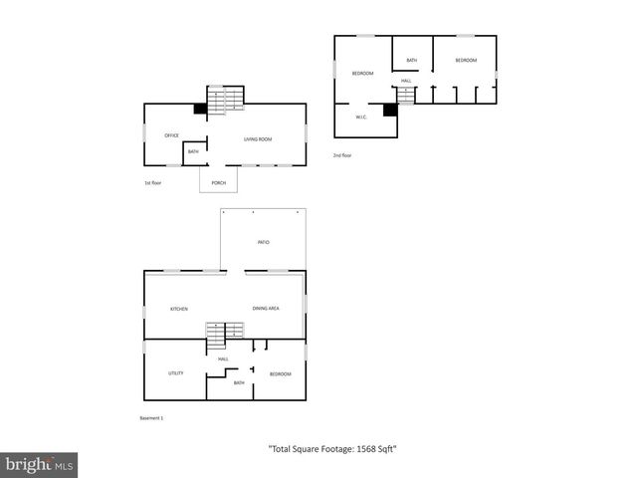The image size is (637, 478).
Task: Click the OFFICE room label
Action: tap(171, 134)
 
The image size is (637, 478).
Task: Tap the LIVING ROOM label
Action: tap(258, 139)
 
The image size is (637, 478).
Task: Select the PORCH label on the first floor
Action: tap(219, 183)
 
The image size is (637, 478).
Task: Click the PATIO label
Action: tap(264, 242)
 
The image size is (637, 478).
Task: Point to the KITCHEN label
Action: tap(179, 309)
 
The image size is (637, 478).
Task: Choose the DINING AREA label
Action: tap(266, 309)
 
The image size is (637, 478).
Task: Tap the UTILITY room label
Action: tap(175, 373)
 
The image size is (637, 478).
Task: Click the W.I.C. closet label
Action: tap(362, 118)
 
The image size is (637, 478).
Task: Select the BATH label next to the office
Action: tap(193, 151)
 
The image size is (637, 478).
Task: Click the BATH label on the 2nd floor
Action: tap(411, 61)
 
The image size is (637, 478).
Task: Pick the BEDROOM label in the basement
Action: tap(281, 373)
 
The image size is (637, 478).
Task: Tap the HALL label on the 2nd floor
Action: tap(406, 81)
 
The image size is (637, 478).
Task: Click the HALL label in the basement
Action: tap(224, 358)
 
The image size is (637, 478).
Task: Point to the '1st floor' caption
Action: tap(153, 183)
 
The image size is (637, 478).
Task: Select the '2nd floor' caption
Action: tap(342, 155)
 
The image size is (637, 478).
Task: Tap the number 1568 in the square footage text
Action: tap(356, 449)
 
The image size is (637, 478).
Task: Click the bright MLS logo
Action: tap(40, 464)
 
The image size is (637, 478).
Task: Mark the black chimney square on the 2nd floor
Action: tap(390, 110)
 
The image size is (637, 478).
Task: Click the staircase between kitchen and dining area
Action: tap(225, 332)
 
